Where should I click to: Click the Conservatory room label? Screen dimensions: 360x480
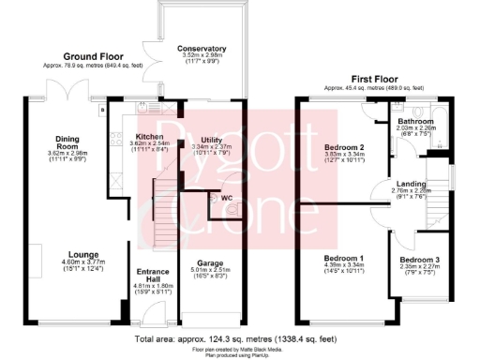(x=202, y=48)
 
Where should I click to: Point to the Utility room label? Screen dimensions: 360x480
(x=212, y=139)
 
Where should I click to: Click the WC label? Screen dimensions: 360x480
(x=226, y=197)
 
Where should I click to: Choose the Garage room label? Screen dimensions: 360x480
(x=209, y=263)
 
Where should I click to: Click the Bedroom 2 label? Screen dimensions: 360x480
(x=343, y=148)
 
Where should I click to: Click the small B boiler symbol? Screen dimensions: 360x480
(x=101, y=110)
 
